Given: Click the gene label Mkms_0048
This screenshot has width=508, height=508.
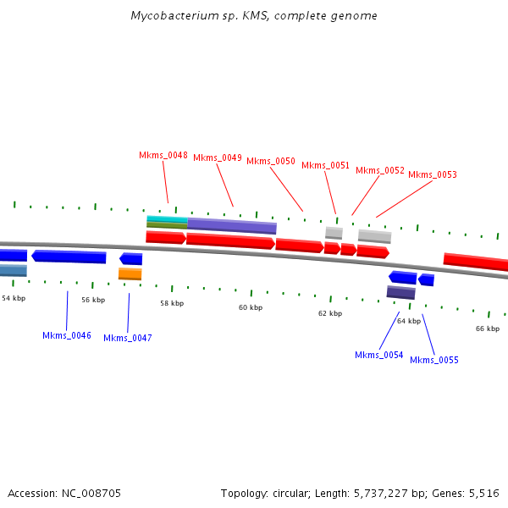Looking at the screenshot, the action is tap(163, 155).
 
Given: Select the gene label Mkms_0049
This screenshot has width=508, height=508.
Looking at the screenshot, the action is tap(218, 157).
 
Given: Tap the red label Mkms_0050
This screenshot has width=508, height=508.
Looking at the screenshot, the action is tap(271, 161).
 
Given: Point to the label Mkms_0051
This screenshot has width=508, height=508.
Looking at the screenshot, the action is tap(325, 165).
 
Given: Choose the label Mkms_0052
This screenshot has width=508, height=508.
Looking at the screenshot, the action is tap(380, 170).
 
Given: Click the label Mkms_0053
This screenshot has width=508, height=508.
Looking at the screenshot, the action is tap(433, 174).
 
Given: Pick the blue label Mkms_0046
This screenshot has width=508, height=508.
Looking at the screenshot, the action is tap(67, 335).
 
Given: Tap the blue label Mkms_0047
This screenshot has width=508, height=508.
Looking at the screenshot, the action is tap(128, 338).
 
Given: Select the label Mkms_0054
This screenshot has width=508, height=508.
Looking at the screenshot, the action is tap(379, 355).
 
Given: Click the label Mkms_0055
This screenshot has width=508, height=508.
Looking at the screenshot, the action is tap(434, 360).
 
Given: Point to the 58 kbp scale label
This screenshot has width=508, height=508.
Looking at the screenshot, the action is tap(172, 302).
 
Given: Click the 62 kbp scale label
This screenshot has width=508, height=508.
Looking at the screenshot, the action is tap(330, 313).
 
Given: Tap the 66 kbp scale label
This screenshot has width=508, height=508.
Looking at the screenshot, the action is tap(488, 329).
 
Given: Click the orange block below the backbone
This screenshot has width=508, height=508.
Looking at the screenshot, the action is tap(130, 273).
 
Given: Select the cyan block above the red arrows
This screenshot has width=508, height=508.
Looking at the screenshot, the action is tap(167, 219).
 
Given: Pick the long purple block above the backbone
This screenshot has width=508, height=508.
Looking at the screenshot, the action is tap(232, 226).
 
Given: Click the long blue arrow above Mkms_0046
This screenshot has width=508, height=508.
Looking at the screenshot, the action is tap(69, 257).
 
